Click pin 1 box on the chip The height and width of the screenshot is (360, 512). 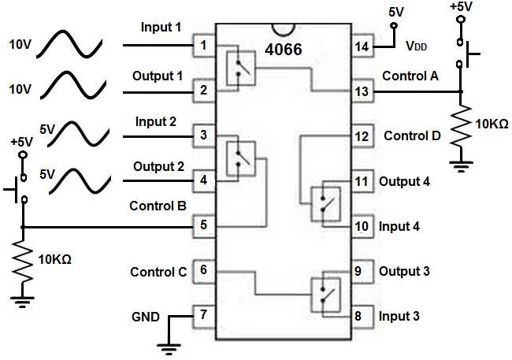[x=204, y=46]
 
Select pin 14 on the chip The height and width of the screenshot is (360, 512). [x=362, y=46]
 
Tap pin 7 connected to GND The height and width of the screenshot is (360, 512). [x=204, y=316]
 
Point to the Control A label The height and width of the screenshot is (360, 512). [x=410, y=76]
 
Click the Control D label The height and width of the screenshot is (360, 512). [x=412, y=135]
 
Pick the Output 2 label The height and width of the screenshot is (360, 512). [x=158, y=167]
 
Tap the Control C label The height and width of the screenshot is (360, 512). [x=158, y=272]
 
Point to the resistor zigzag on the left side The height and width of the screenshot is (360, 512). [x=23, y=264]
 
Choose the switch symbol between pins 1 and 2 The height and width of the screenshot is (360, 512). [x=239, y=66]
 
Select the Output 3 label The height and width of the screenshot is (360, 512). [x=404, y=272]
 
